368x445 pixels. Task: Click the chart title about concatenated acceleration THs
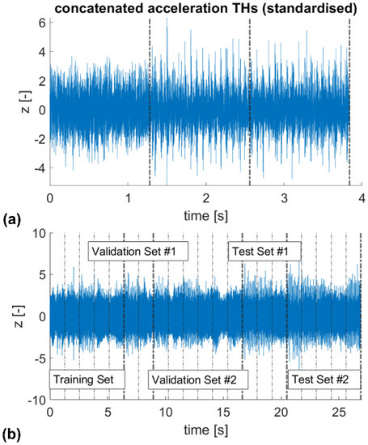click(206, 8)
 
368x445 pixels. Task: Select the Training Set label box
click(87, 379)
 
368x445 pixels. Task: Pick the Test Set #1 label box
click(262, 252)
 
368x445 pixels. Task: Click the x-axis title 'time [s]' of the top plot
click(206, 215)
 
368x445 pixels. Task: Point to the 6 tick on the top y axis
click(40, 23)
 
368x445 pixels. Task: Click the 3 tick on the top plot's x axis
click(284, 198)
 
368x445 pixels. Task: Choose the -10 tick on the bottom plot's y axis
click(33, 400)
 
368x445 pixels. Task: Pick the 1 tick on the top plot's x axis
click(128, 198)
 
